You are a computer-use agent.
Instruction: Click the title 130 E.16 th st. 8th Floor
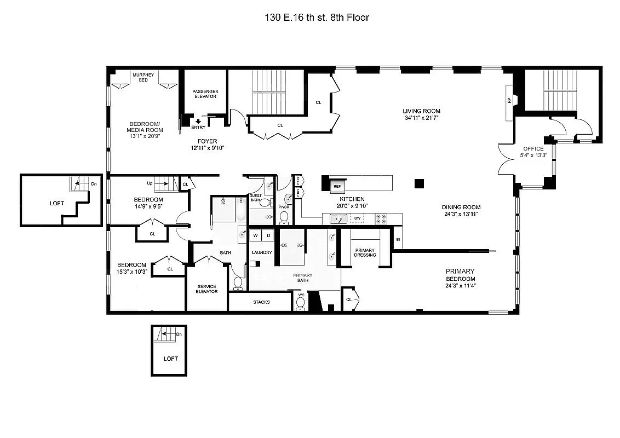[x=316, y=18]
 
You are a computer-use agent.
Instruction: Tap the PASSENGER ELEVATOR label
[x=205, y=94]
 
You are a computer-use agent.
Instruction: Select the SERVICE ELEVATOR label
[x=206, y=289]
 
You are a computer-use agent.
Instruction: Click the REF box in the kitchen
[x=337, y=186]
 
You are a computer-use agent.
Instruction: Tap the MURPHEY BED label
[x=143, y=77]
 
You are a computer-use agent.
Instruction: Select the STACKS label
[x=261, y=302]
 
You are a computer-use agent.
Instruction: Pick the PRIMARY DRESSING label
[x=365, y=252]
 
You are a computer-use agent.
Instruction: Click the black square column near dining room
[x=420, y=184]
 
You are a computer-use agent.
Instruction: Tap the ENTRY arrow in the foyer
[x=198, y=122]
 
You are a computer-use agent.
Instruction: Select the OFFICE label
[x=533, y=148]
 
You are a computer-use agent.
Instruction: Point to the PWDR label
[x=283, y=207]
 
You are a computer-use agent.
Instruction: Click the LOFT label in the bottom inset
[x=171, y=359]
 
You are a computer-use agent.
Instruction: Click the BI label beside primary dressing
[x=398, y=239]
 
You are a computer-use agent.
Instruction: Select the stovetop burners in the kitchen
[x=381, y=218]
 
